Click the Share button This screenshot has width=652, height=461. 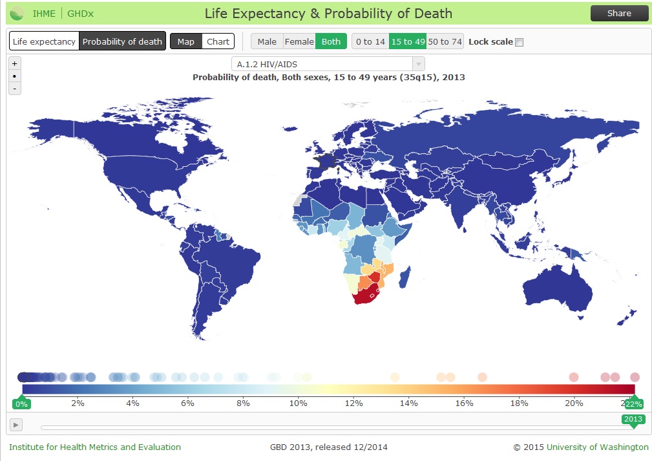point(619,14)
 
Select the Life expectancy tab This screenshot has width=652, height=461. point(44,41)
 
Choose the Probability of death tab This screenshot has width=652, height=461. point(122,41)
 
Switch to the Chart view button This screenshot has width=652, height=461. point(218,41)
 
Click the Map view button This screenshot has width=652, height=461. point(185,41)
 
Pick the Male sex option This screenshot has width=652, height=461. point(267,41)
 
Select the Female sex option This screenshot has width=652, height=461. point(299,41)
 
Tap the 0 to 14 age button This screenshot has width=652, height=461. point(370,41)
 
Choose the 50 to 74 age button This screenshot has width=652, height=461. point(445,41)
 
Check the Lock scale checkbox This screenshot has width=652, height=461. point(519,42)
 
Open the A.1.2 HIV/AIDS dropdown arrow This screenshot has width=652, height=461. point(418,64)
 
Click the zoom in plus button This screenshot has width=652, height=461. point(15,63)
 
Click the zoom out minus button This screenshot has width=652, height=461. point(15,88)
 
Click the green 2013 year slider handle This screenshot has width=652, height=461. point(633,419)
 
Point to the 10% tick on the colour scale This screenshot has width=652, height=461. point(298,403)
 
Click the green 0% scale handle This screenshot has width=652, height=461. point(22,403)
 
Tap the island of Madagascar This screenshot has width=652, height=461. point(405,278)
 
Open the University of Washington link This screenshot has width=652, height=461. point(597,447)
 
